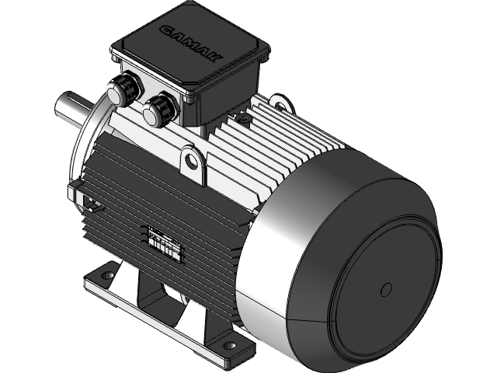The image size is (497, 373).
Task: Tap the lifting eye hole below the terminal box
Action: click(192, 162)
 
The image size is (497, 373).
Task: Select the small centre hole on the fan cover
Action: click(387, 289)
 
